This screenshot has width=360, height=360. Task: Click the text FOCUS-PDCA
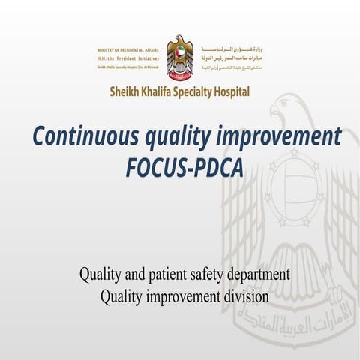(x=180, y=166)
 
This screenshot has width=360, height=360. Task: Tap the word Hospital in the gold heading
(x=233, y=91)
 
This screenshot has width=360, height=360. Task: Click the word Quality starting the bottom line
(x=122, y=295)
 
